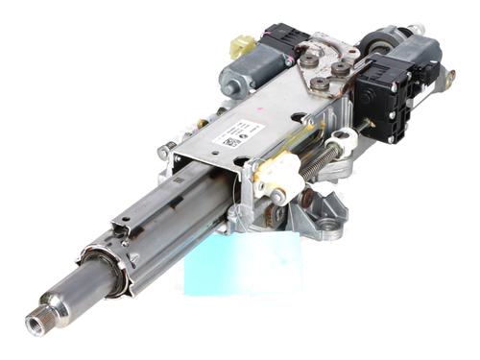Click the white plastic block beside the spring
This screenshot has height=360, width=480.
(x=277, y=174)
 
